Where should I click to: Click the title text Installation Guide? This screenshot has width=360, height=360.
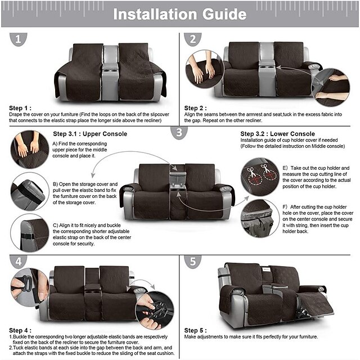pos(179,13)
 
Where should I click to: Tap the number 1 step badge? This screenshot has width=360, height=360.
pos(19,39)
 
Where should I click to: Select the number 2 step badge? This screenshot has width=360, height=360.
pos(193,39)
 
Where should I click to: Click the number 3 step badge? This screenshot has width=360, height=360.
pos(179,133)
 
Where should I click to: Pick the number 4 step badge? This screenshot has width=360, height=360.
pos(19,262)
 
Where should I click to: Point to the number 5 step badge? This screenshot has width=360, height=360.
pos(193,262)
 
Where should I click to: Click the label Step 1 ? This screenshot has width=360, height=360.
pos(20,107)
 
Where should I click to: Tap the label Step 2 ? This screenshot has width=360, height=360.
pos(196,107)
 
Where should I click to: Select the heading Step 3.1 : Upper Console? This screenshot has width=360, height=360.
pos(90,134)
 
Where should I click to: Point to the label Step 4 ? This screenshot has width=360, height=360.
pos(20,330)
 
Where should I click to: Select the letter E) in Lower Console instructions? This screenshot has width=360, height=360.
pos(285,168)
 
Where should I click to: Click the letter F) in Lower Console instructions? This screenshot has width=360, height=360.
pos(285,207)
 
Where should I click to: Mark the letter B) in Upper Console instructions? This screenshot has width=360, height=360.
pos(56,184)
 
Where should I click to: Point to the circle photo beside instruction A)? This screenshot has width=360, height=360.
pos(30,149)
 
